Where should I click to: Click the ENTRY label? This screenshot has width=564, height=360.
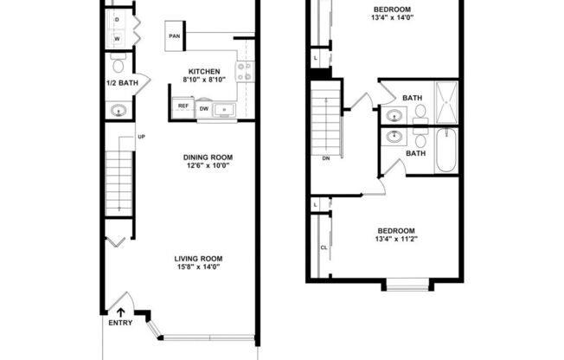[120, 325]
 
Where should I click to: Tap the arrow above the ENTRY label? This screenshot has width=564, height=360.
[120, 312]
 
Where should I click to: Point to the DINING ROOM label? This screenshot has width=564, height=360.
[208, 157]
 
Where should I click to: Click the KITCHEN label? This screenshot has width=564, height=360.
[204, 71]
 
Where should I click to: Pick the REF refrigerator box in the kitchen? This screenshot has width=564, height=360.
[183, 106]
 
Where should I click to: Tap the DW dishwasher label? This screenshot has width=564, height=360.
[204, 108]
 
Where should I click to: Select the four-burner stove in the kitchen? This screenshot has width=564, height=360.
[244, 72]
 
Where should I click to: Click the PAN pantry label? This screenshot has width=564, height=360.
[174, 37]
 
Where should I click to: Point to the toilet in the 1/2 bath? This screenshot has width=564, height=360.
[119, 63]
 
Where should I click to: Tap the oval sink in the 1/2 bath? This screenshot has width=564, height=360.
[119, 110]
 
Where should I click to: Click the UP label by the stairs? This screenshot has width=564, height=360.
[141, 137]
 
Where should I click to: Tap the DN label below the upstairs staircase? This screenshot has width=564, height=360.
[326, 158]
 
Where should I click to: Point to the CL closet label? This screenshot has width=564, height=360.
[324, 247]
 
